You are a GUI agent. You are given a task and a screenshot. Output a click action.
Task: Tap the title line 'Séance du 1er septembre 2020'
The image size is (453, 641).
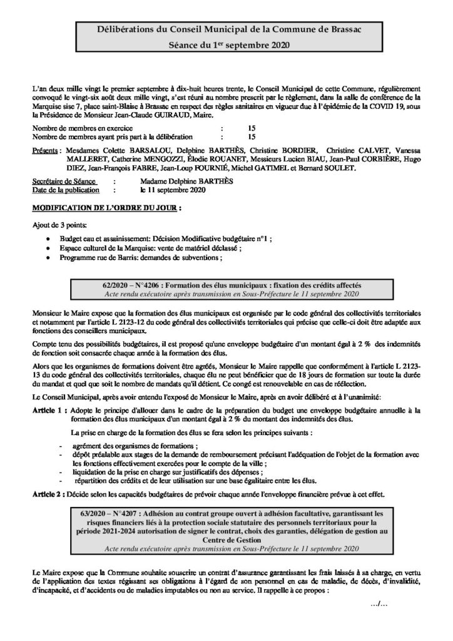point(226,46)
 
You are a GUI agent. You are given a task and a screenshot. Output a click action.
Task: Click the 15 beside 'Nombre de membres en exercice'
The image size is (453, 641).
point(252,128)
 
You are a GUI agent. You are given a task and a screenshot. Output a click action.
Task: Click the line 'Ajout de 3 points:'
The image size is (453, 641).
point(60,225)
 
